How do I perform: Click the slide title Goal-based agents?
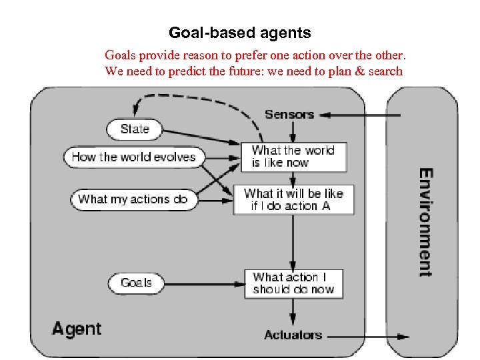(239, 32)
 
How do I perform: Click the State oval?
(135, 129)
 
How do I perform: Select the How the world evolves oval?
(133, 157)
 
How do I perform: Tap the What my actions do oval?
(133, 199)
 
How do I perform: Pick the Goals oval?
(136, 283)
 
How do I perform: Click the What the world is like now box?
(293, 157)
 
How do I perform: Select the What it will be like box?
(293, 199)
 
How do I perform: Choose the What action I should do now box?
(293, 283)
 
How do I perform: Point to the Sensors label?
(289, 115)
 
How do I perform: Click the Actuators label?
(293, 335)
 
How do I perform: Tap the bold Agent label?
(77, 329)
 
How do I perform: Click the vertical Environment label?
(424, 222)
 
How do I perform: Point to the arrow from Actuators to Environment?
(367, 337)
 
